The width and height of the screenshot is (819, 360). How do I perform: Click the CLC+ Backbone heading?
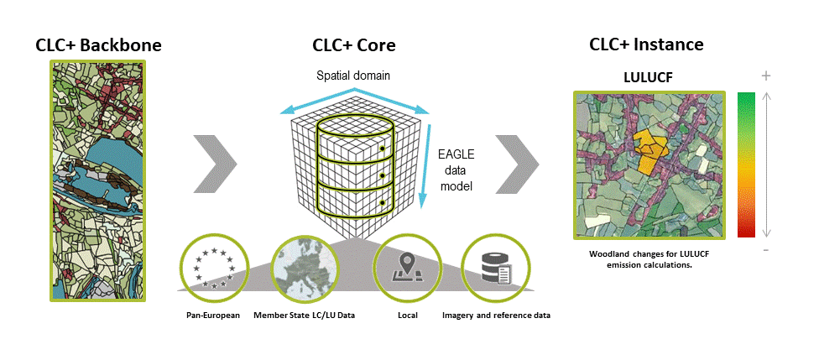point(98,45)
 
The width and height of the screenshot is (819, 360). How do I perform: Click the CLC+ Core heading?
point(353,45)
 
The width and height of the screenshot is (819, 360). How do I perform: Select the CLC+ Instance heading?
point(646,44)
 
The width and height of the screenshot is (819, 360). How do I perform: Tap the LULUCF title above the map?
point(648,77)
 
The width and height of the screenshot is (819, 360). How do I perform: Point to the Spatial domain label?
point(353,76)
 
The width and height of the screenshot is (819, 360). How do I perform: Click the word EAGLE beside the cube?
point(455,155)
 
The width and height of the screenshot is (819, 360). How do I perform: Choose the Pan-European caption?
point(213,316)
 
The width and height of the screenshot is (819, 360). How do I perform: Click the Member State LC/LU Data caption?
point(304,316)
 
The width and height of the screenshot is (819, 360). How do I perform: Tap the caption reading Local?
point(408,316)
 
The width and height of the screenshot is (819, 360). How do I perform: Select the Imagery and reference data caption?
point(496,316)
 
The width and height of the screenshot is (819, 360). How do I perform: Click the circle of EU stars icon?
point(214,268)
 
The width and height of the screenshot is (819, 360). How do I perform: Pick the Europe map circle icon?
point(305,268)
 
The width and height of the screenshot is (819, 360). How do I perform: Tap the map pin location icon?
point(408,268)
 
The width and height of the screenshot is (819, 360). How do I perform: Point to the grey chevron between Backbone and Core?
point(215,164)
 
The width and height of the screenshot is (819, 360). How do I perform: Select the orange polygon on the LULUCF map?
point(650,152)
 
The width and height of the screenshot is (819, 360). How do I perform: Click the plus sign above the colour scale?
point(766,76)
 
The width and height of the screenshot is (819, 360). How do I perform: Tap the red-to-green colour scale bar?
point(746,164)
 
